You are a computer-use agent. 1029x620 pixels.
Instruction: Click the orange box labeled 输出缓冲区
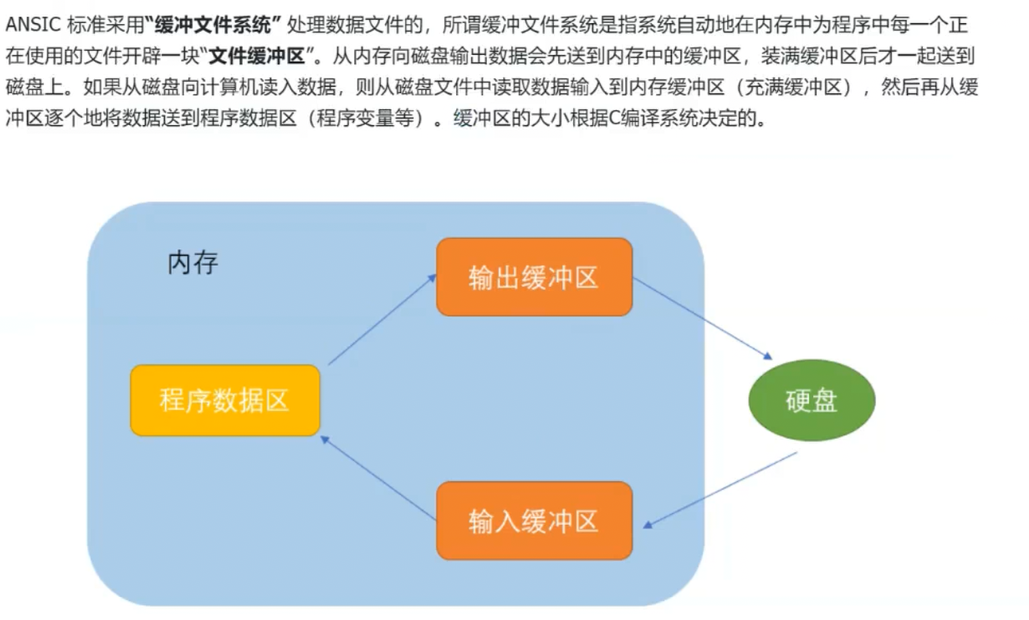534,277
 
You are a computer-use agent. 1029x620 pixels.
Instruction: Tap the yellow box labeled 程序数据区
225,400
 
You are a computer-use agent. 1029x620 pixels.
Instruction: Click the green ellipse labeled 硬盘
811,400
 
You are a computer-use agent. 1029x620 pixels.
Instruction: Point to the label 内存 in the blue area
192,262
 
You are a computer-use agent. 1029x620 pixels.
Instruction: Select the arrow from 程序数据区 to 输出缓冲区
382,320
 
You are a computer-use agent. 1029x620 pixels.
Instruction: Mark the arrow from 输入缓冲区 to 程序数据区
378,477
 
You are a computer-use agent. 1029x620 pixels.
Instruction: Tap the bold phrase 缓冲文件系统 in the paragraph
214,25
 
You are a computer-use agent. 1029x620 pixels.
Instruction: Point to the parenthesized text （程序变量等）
366,120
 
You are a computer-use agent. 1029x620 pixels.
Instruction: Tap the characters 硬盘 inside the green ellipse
811,400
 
